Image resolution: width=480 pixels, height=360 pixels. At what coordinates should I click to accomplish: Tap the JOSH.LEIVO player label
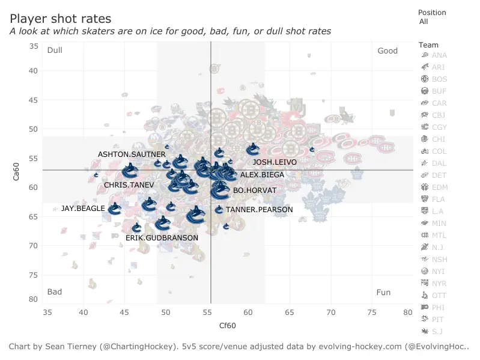275,162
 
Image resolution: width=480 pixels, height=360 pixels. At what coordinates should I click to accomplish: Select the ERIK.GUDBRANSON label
162,238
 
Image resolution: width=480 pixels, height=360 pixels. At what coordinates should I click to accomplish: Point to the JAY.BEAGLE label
83,209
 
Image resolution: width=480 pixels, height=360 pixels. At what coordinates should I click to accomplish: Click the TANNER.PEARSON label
259,210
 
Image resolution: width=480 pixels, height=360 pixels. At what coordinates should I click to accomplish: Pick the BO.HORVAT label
255,191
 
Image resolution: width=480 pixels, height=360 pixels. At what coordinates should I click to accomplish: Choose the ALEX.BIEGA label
262,175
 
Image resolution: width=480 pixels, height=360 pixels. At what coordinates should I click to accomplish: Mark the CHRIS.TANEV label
129,185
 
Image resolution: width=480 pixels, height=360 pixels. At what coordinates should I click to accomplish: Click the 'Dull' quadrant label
55,50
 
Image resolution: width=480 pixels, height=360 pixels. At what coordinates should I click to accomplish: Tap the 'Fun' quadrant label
383,293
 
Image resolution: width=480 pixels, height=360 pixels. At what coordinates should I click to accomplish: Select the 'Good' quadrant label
387,50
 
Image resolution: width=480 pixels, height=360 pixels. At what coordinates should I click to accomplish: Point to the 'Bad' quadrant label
55,293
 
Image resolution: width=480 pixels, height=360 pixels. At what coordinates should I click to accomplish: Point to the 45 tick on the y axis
34,100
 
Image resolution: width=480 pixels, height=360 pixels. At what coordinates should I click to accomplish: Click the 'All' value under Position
424,22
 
